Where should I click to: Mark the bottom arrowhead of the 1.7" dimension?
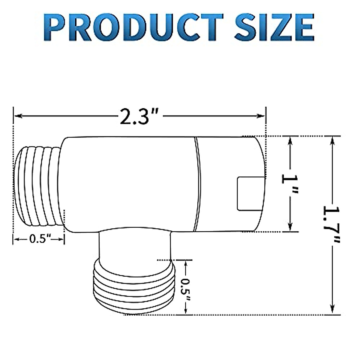(332, 310)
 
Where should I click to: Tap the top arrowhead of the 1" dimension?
(290, 140)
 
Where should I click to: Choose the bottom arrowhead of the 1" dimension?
(290, 228)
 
